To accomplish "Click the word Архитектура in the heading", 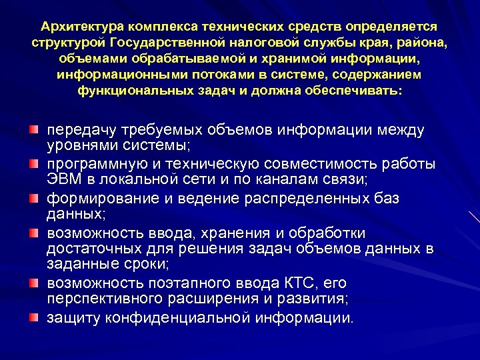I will (x=83, y=27).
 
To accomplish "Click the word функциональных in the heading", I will (x=133, y=91).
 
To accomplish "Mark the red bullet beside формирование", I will (x=31, y=199).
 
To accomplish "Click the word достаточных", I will (x=97, y=249).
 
